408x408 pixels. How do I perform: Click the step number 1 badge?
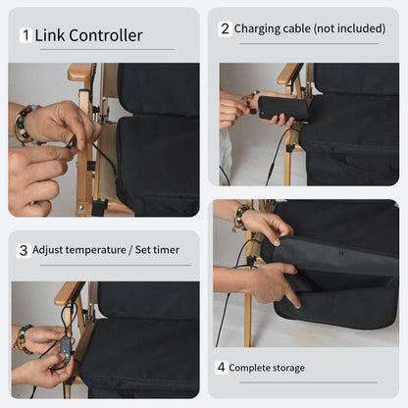coord(25,36)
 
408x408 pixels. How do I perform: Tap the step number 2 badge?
coord(224,28)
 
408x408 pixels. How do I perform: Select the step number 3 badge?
coord(24,249)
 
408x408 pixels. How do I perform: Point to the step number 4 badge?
coord(221,368)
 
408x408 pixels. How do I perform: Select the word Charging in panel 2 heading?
coord(257,28)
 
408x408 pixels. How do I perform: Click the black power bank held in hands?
coord(282,109)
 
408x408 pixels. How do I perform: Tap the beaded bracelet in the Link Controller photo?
coord(22,125)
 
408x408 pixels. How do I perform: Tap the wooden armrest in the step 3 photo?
coord(68,291)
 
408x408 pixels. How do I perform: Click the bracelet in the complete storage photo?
coord(237,218)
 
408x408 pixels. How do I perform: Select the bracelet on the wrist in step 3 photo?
coord(21,338)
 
